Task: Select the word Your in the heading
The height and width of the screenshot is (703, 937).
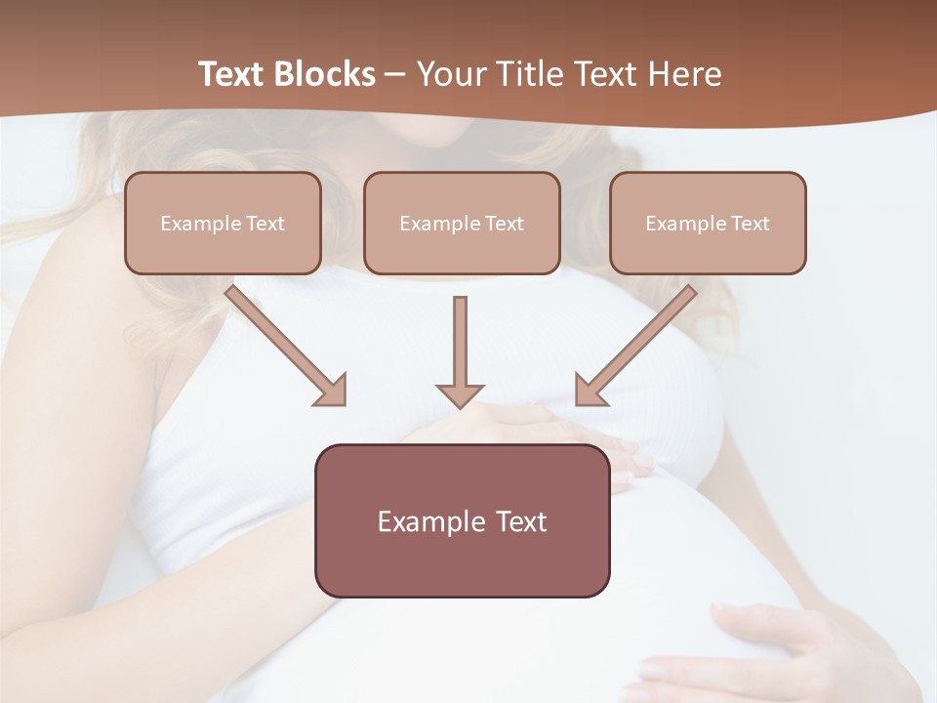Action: pos(449,74)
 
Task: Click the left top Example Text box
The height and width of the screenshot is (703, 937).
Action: pos(223,224)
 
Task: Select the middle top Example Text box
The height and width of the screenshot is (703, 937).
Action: pos(462,224)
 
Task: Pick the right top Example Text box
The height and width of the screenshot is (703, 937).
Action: pos(708,224)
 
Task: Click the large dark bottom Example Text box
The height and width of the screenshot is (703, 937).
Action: pos(462,521)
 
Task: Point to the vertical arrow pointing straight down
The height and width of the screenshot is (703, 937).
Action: pos(460,347)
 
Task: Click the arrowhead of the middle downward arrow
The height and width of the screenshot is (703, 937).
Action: pos(460,394)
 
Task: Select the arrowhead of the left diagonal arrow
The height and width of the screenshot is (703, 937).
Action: pos(332,392)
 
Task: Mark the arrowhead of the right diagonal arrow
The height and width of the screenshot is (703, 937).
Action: pos(590,392)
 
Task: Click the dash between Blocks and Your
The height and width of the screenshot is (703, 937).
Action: pos(395,74)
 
